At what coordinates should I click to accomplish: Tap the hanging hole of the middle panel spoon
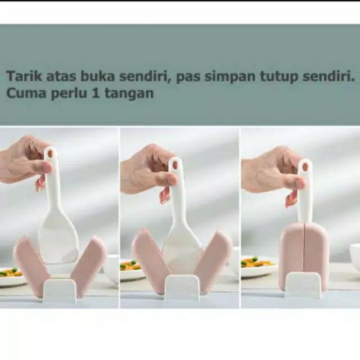click(x=175, y=165)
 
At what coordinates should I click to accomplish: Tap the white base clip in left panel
click(x=60, y=290)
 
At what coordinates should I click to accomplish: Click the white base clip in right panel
click(x=303, y=285)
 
